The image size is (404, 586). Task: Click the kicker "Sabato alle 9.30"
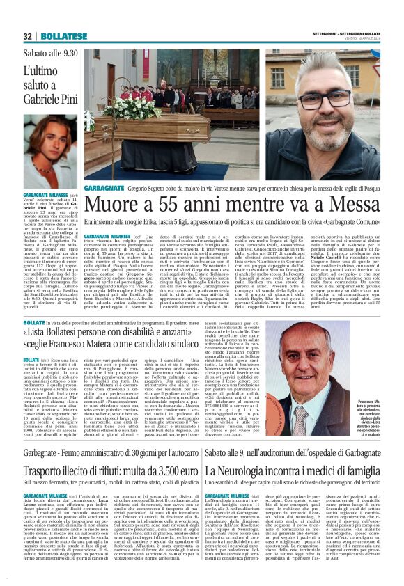coord(50,54)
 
